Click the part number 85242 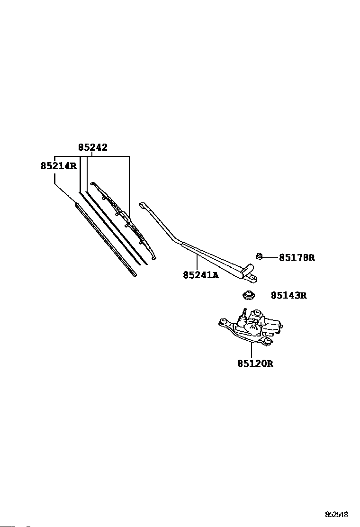(93, 147)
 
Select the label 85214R (58, 166)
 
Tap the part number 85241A (201, 275)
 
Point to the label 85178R (297, 258)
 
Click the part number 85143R (288, 296)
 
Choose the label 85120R (255, 364)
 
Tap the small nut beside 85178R (259, 256)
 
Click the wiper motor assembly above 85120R (251, 327)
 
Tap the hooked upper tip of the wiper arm (144, 206)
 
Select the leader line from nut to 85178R (270, 257)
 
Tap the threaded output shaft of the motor (244, 313)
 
